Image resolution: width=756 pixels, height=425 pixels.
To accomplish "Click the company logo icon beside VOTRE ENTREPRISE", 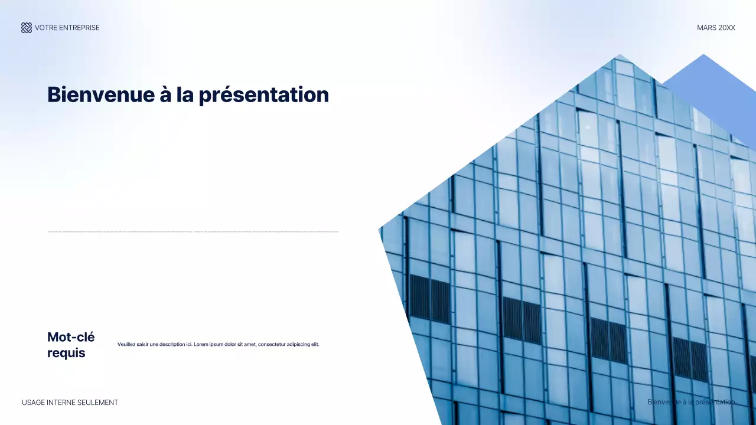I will [x=27, y=28].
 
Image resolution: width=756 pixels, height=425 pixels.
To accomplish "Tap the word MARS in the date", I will [x=706, y=28].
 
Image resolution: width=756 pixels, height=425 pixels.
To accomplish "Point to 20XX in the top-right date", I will [x=726, y=28].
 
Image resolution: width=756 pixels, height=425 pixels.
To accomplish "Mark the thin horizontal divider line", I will [x=193, y=232].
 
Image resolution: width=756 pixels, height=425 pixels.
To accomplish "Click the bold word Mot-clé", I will [x=71, y=337].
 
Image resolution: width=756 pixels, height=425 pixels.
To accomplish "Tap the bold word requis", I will [x=66, y=353].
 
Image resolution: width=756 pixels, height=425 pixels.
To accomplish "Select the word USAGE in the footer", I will [x=33, y=403].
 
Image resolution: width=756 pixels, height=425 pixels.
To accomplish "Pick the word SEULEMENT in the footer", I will [x=99, y=403].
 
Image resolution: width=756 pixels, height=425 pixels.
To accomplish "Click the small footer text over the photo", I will [x=691, y=402].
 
